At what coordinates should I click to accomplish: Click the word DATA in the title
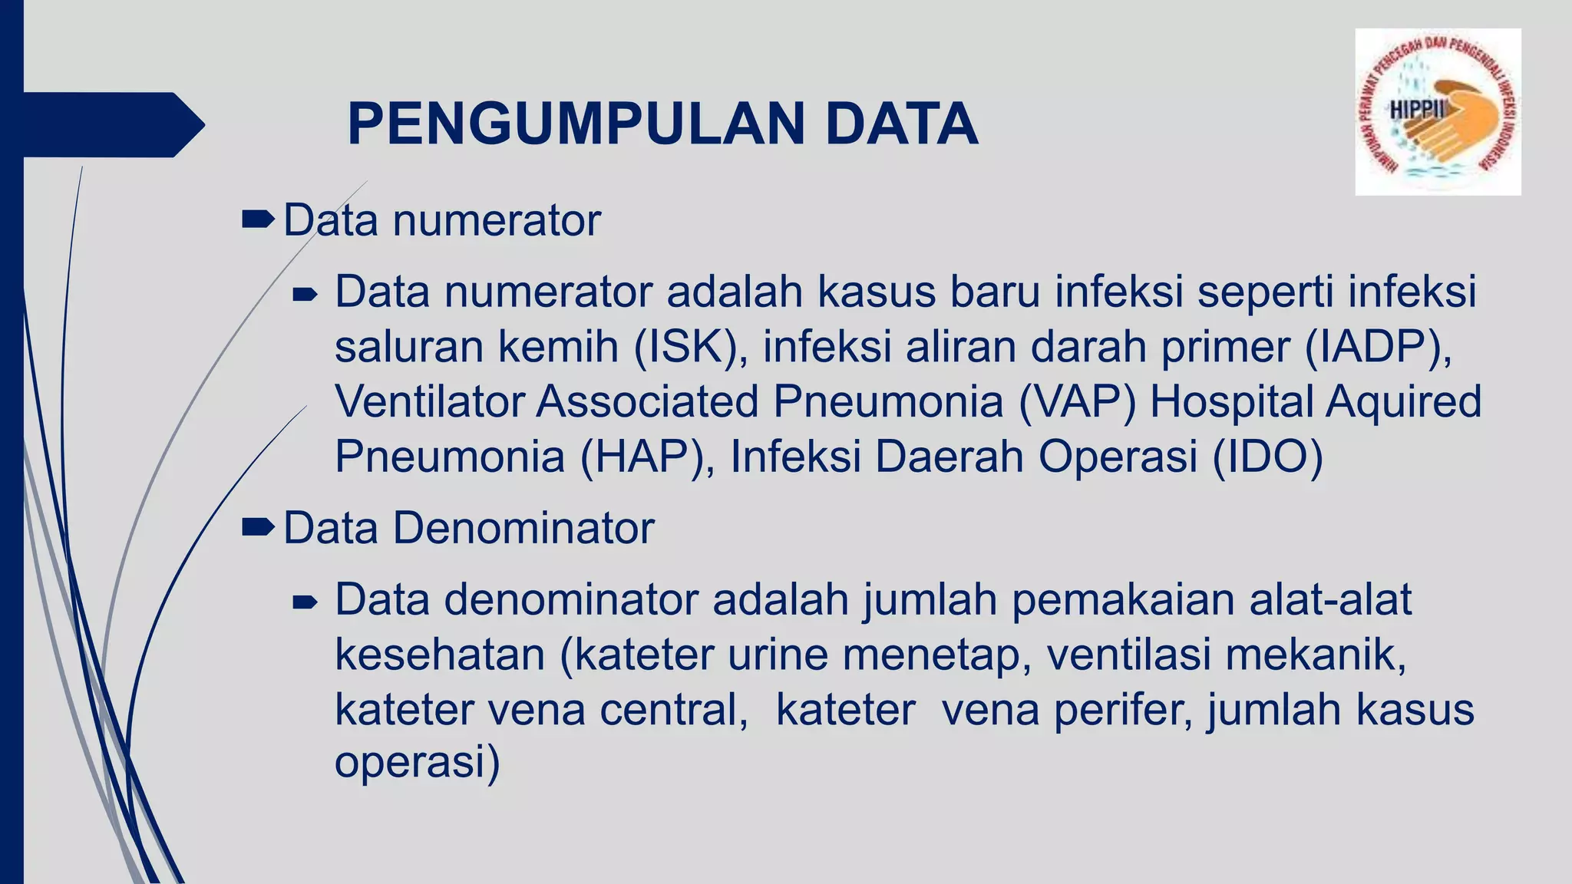click(902, 124)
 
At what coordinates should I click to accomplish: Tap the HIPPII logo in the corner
click(1437, 112)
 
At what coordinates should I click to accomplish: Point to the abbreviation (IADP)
click(1378, 347)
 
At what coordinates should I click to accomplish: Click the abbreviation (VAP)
click(1077, 401)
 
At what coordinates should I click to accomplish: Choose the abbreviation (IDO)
click(1267, 457)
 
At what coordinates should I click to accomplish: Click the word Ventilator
click(429, 401)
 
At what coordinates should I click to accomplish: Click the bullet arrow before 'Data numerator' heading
click(257, 221)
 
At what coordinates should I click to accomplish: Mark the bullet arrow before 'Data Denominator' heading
click(257, 527)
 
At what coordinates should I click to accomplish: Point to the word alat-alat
click(1330, 599)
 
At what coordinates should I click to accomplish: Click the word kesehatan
click(440, 655)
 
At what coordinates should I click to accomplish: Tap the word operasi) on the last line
click(417, 762)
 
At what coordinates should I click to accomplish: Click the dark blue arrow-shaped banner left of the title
click(107, 124)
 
